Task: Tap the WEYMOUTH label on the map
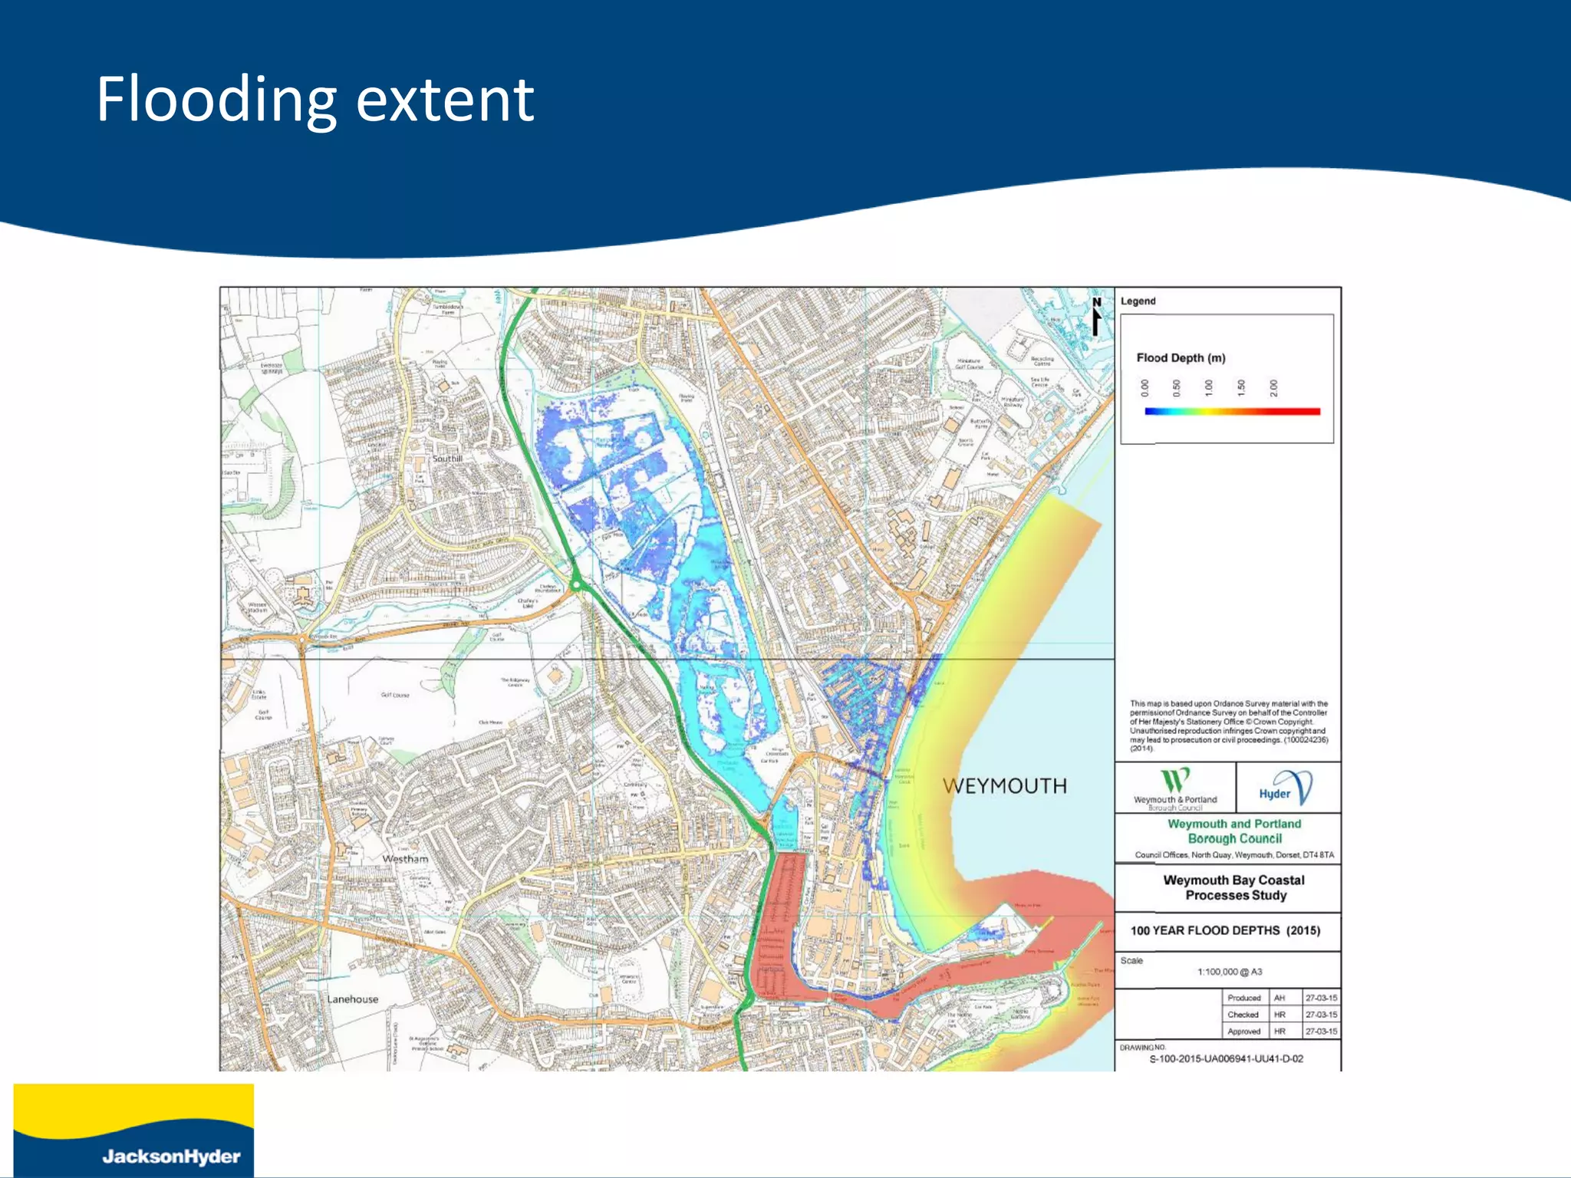1004,786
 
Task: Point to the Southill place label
447,459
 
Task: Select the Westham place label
405,859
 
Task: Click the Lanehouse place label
352,999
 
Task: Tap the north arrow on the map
1097,316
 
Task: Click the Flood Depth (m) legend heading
1181,358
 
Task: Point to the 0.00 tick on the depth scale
1144,388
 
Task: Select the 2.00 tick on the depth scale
1273,388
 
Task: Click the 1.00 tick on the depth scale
1209,388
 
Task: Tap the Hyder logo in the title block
1286,789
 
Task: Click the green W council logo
1174,781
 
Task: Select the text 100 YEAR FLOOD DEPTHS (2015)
1225,930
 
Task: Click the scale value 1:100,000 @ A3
1230,972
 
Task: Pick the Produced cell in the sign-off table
1243,998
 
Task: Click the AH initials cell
1279,998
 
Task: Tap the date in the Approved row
1321,1032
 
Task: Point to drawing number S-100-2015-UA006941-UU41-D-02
1226,1059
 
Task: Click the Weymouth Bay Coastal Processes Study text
1233,887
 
